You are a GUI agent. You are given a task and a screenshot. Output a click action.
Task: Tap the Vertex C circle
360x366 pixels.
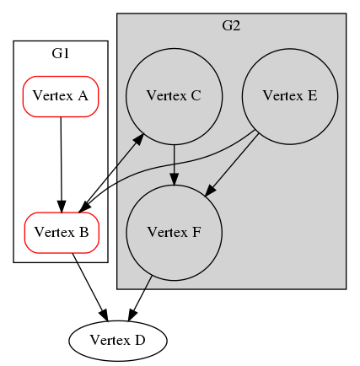[174, 94]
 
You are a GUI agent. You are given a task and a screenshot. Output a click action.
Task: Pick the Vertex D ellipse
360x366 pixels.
[117, 341]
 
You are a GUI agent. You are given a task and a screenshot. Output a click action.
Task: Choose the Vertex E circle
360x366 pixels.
[290, 94]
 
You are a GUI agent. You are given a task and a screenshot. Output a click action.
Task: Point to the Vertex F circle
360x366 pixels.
[174, 230]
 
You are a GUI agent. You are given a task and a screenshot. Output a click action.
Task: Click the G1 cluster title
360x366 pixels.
[60, 53]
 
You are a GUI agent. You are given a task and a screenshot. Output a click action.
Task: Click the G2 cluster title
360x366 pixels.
[231, 25]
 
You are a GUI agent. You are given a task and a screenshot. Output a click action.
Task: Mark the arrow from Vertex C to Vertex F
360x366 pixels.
[174, 160]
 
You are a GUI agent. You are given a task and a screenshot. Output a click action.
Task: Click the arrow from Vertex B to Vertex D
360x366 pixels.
[89, 287]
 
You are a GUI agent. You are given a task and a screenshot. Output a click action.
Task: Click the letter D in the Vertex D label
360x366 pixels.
[139, 341]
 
